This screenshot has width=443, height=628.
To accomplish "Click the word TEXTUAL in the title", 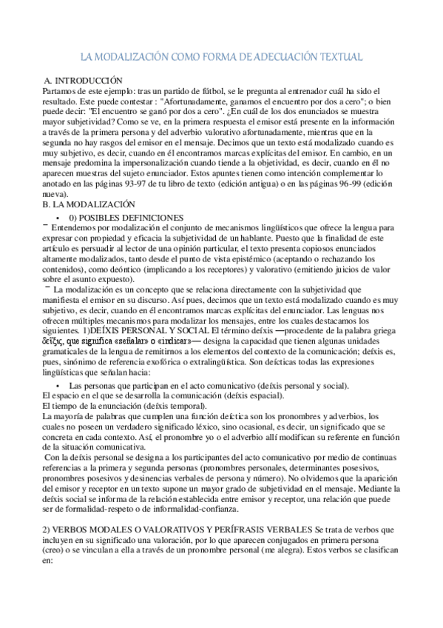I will [337, 57].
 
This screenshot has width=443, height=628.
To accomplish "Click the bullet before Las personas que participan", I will [58, 387].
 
